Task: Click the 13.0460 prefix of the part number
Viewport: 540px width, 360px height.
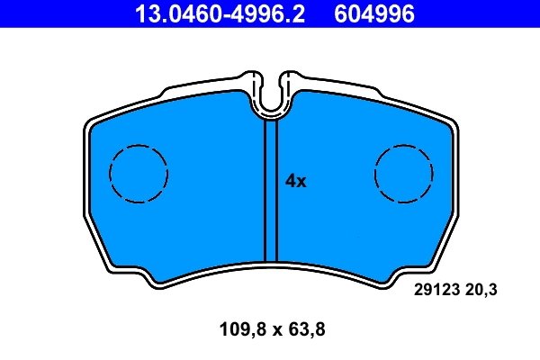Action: (x=165, y=14)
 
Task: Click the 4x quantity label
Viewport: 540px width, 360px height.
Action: (x=296, y=181)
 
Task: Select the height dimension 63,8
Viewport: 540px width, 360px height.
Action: (x=303, y=329)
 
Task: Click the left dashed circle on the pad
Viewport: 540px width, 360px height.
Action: (x=139, y=173)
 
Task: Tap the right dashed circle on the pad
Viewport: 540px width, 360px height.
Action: (x=402, y=173)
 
